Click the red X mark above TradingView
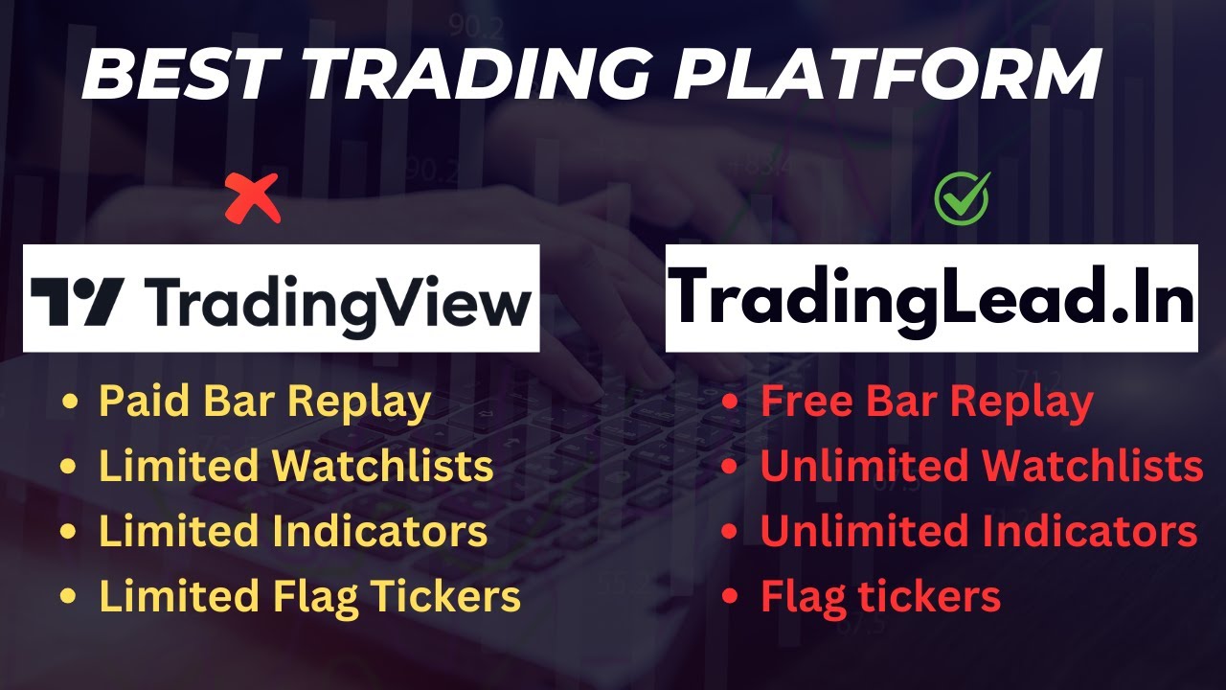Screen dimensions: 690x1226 (253, 198)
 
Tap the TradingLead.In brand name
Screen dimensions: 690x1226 (931, 298)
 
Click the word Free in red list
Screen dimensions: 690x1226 (806, 402)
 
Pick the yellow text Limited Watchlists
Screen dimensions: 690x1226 (296, 467)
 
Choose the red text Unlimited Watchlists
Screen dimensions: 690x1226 (981, 467)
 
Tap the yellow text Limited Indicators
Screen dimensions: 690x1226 (293, 531)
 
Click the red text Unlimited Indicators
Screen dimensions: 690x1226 (978, 531)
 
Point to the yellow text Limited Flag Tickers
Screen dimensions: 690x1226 (309, 596)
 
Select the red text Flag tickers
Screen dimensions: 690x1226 (880, 596)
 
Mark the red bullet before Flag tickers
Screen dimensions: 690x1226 (731, 597)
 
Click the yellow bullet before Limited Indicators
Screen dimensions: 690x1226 (69, 532)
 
